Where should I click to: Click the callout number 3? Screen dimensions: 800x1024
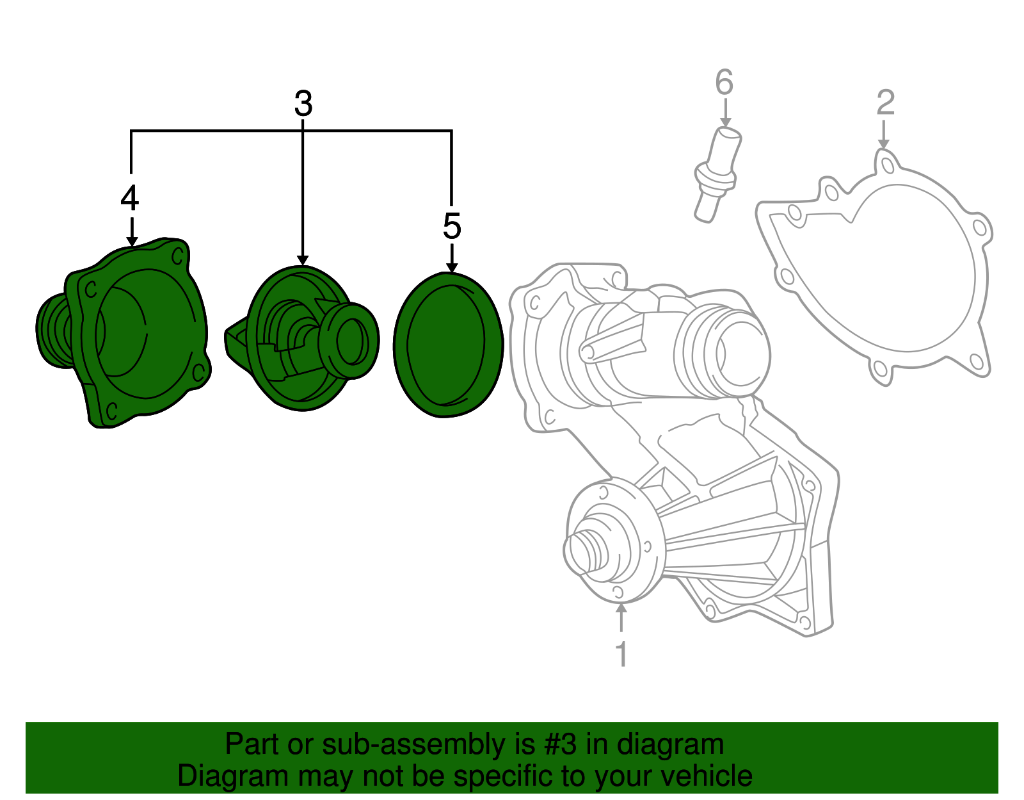click(x=303, y=104)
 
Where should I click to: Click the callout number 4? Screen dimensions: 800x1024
click(x=129, y=198)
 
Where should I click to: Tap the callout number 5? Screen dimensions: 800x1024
click(x=452, y=226)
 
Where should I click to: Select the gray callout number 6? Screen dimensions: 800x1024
click(x=724, y=83)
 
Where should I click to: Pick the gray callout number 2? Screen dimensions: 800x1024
click(x=885, y=102)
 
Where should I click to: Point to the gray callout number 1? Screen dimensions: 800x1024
click(x=621, y=654)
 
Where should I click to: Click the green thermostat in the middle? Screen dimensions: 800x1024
click(x=301, y=339)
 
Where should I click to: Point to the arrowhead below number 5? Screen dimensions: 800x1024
click(x=452, y=267)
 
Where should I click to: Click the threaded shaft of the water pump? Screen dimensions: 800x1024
click(x=586, y=550)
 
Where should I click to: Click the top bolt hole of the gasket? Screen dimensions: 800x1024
click(x=887, y=165)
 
